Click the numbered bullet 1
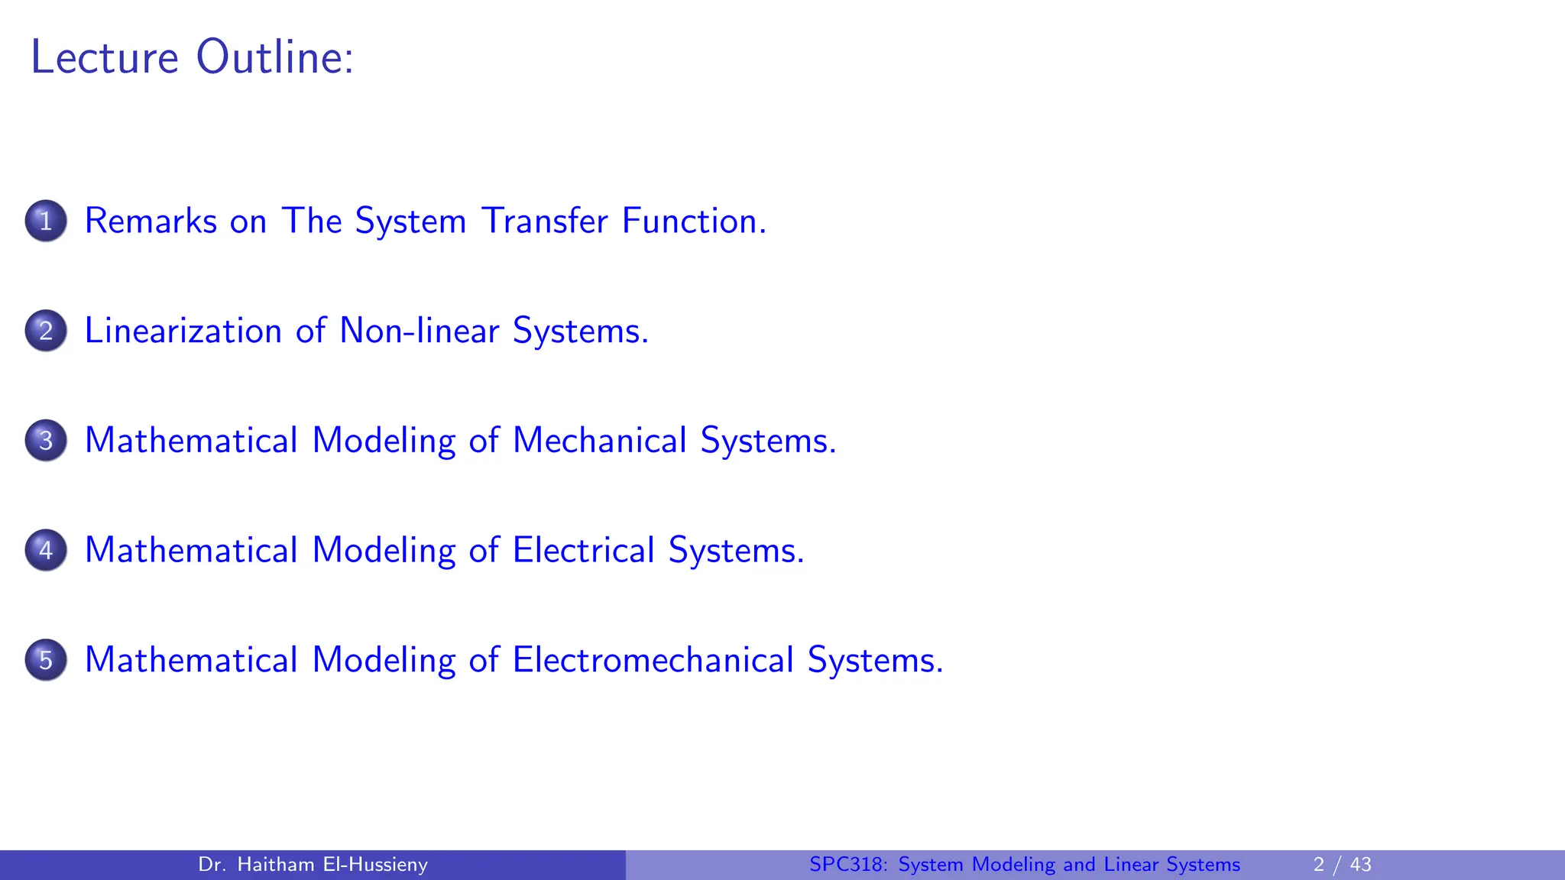46,221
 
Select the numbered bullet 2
46,331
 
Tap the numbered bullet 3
46,441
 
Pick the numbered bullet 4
46,550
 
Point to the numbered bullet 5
46,660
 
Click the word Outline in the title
274,57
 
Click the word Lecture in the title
105,57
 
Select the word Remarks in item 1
151,222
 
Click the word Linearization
183,332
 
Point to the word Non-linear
419,332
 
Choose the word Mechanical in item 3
599,441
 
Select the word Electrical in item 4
583,551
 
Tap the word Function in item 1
693,222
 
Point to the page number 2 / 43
1342,865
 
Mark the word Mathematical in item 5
191,661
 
